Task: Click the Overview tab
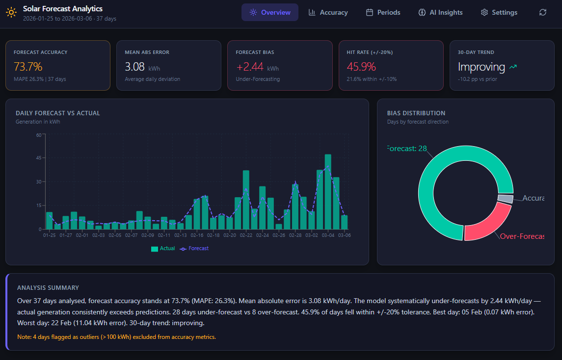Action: click(x=269, y=12)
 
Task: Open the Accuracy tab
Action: click(x=328, y=12)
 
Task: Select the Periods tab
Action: click(x=383, y=12)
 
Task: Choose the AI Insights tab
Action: click(x=440, y=12)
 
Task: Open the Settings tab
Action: click(x=499, y=12)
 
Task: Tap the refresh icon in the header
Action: click(x=542, y=12)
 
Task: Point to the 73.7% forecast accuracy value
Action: click(x=28, y=67)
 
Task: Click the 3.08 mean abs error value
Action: click(x=134, y=67)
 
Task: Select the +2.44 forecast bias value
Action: click(x=250, y=67)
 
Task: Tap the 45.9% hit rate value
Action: click(x=361, y=67)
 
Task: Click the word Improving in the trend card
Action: click(x=481, y=67)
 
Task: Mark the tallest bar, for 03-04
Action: click(x=328, y=191)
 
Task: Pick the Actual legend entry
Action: click(x=163, y=249)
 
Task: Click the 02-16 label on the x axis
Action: click(x=197, y=235)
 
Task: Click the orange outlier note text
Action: click(x=116, y=337)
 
